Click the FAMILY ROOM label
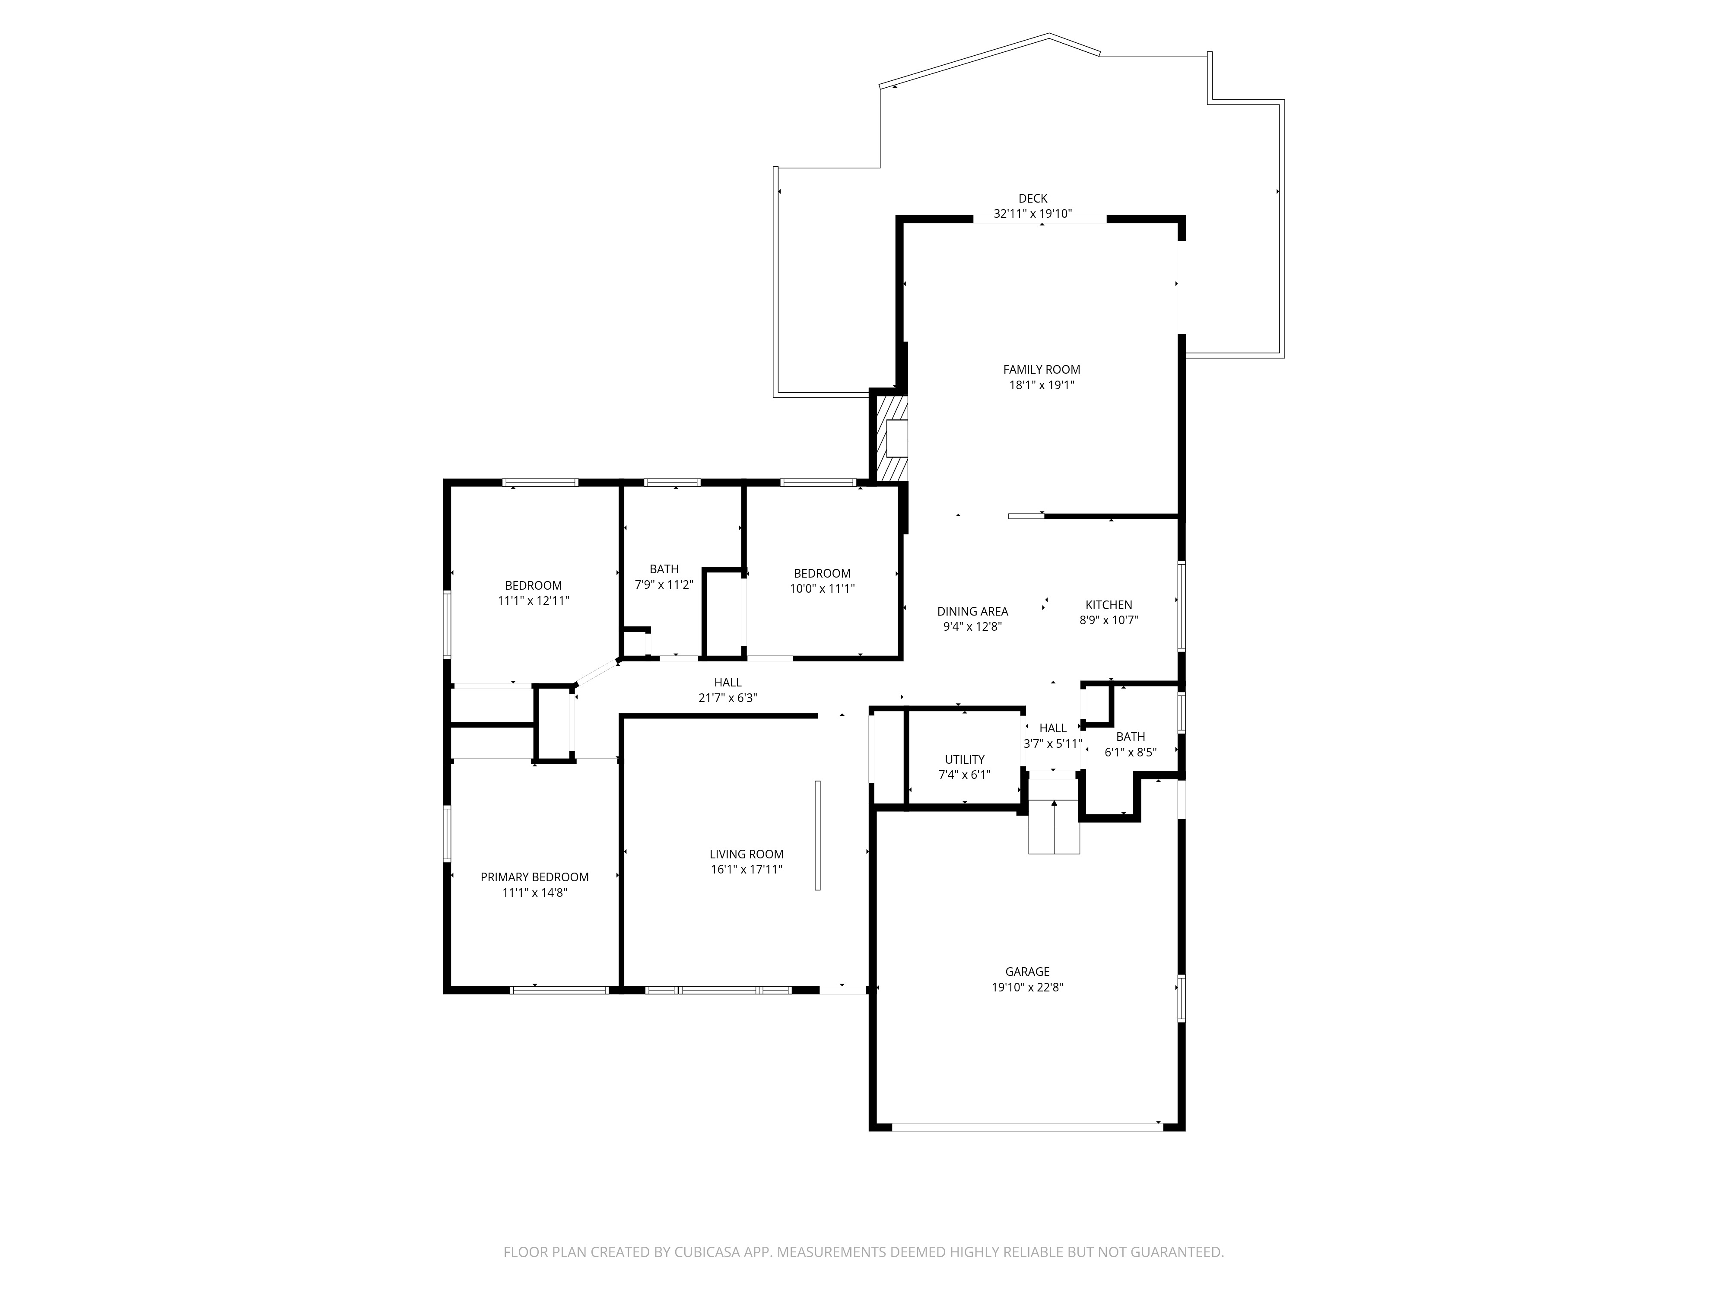pos(1041,369)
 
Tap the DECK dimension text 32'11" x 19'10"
pos(1033,213)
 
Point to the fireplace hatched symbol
pos(891,438)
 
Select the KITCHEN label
pos(1109,605)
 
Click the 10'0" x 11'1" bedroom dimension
pos(822,588)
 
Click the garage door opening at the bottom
pos(1027,1127)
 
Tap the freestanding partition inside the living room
pos(817,835)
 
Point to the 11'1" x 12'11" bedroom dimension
pos(534,601)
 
